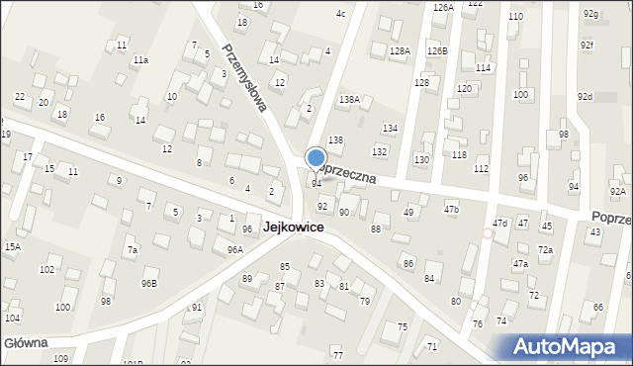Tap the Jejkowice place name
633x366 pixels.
tap(295, 228)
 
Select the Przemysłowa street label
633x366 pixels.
tap(245, 76)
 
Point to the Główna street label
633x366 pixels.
tap(24, 343)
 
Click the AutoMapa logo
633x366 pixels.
tap(567, 346)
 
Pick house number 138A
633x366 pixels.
tap(349, 100)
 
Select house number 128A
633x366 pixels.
tap(400, 50)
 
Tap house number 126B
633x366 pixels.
tap(437, 50)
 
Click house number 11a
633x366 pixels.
tap(141, 60)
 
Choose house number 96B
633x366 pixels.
tap(148, 284)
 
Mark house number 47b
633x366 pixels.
tap(451, 209)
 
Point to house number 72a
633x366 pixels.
tap(545, 250)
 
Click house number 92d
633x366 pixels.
tap(586, 96)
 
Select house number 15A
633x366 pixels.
tap(12, 246)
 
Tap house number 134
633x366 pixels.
tap(391, 129)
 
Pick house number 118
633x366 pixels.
tap(459, 155)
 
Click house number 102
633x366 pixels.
tap(46, 269)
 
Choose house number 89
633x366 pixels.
tap(247, 279)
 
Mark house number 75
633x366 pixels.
tap(402, 326)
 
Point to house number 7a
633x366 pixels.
tap(132, 250)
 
